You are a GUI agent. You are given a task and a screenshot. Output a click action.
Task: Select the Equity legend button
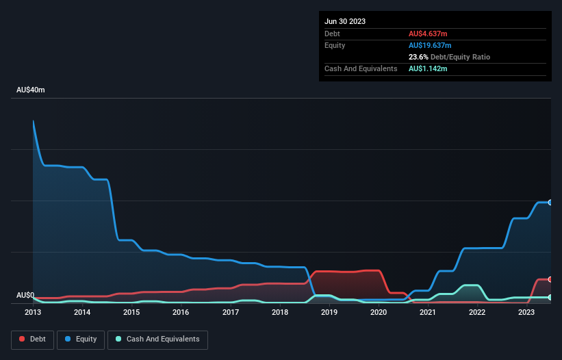81,339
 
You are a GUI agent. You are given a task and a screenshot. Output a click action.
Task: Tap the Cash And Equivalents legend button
157,339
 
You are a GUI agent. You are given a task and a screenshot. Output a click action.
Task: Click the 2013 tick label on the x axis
33,312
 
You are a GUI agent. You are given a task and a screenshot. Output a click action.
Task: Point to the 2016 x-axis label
181,312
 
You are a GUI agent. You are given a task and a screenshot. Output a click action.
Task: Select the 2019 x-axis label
329,312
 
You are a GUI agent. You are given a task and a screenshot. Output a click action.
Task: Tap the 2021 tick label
428,312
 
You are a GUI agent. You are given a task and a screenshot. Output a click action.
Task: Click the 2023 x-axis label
526,312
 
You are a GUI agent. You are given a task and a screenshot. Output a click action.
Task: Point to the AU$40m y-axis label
30,90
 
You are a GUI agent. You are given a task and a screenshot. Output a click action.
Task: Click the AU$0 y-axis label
25,295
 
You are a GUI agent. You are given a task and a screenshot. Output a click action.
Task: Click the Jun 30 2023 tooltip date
345,21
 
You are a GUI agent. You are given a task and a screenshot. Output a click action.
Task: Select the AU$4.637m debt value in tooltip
428,34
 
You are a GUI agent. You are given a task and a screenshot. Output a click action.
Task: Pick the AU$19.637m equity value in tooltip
430,45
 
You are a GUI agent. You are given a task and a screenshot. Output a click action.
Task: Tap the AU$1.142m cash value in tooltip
428,69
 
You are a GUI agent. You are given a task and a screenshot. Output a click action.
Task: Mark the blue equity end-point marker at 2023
550,203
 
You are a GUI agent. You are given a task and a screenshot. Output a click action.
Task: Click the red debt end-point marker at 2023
550,279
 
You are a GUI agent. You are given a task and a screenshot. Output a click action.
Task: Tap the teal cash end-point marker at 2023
550,297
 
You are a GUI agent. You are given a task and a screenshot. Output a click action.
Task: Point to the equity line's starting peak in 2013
34,121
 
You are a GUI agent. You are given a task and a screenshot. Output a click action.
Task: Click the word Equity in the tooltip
335,45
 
